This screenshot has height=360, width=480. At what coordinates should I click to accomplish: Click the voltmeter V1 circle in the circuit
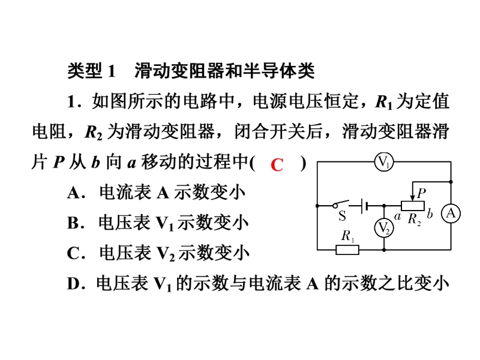pos(384,161)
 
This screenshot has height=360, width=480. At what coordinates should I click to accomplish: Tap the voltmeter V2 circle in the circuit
pos(384,228)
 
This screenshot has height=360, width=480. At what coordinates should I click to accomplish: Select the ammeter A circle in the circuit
pos(451,213)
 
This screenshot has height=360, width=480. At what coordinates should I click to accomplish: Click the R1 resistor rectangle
pos(347,250)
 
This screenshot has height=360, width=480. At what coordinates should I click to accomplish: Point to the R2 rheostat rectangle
pos(413,206)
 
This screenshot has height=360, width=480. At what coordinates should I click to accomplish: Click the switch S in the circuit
pos(340,205)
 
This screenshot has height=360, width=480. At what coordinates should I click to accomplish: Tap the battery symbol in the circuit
pos(364,206)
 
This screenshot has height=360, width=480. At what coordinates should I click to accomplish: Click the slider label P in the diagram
pos(422,193)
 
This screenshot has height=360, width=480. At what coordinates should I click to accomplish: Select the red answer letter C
pos(277,165)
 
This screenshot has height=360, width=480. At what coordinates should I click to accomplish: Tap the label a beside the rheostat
pos(397,217)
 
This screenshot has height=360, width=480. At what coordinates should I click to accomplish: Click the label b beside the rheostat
pos(430,214)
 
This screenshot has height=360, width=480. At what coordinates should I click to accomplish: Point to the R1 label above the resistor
pos(348,236)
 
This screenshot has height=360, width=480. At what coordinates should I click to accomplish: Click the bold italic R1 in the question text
pos(383,102)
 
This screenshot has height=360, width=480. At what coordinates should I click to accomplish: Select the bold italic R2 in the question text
pos(94,133)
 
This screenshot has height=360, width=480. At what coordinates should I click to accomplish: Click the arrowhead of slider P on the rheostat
pos(413,198)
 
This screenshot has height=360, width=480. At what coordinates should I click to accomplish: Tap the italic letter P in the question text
pos(59,162)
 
